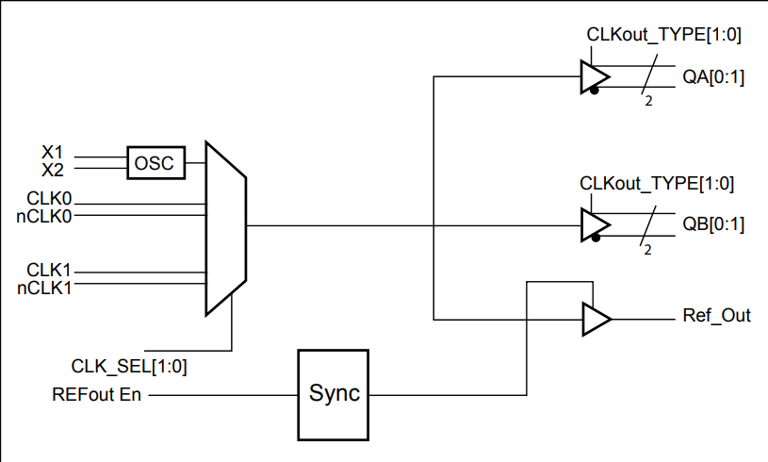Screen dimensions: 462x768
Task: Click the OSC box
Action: point(155,163)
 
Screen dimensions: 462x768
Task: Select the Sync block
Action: point(335,393)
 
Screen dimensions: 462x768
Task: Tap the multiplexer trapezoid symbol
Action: point(225,228)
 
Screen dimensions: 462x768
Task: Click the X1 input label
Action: point(54,152)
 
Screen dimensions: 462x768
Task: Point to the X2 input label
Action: point(54,169)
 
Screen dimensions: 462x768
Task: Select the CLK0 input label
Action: point(49,199)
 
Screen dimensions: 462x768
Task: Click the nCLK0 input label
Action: point(45,215)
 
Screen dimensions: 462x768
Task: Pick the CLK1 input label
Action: point(49,271)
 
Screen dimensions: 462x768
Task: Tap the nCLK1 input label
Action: point(45,288)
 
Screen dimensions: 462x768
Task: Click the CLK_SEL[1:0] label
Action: point(129,366)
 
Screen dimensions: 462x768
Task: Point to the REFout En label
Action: point(96,394)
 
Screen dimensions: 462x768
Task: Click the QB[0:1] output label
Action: point(713,226)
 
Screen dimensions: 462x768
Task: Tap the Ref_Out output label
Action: point(716,316)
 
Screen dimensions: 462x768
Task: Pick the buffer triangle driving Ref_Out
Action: point(596,319)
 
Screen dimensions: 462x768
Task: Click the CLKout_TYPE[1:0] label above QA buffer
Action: point(663,36)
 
